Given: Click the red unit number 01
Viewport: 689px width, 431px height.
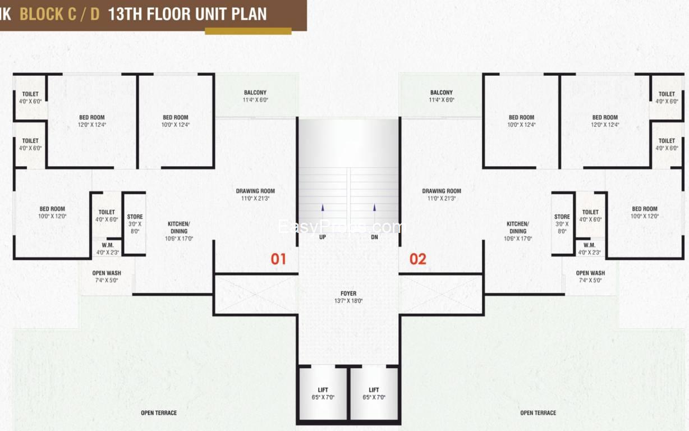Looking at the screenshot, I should point(278,259).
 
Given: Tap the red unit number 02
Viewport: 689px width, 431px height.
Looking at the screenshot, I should point(417,259).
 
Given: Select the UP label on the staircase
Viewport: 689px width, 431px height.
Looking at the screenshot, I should point(322,237).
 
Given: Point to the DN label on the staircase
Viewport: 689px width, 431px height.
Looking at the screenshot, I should point(374,237).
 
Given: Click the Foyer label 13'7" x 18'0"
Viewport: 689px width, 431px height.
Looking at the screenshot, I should point(348,297).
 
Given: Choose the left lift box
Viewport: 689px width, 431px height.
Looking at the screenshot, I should point(323,393).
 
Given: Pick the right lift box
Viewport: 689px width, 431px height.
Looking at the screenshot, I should point(374,393).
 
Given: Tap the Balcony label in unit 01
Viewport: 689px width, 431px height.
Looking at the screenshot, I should point(255,96).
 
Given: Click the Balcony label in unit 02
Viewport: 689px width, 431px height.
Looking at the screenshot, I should point(442,96).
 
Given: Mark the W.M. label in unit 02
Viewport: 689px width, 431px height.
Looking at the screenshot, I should point(589,249).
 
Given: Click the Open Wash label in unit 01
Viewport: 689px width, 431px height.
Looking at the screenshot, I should point(107,276).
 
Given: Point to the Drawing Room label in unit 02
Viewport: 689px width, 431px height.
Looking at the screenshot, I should point(442,194).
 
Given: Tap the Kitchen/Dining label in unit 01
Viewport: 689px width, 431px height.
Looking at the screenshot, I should point(178,231).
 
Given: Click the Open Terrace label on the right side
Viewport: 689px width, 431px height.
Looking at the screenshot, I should point(538,413).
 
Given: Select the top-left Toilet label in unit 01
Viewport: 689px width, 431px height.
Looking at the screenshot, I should point(30,97).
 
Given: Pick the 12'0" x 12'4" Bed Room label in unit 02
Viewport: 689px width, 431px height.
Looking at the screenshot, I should point(605,121).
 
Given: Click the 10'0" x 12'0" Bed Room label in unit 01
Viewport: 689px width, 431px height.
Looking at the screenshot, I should point(52,212).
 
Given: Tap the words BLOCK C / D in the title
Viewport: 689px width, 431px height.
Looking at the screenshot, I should point(59,14).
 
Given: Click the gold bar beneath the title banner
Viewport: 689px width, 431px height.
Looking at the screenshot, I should point(248,31).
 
